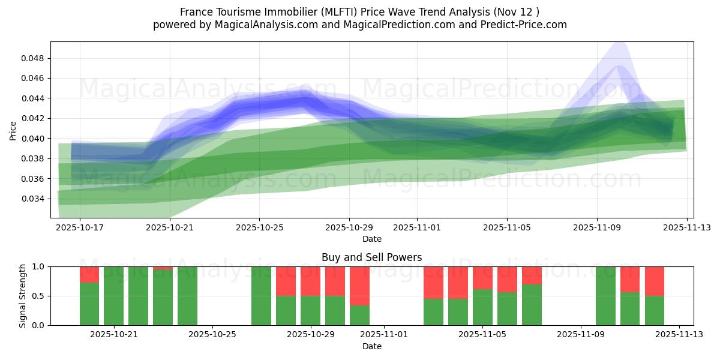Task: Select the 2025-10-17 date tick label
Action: point(80,227)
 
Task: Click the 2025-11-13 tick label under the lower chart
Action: point(679,334)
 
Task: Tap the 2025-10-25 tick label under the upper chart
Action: point(259,227)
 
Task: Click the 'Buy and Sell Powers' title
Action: point(371,257)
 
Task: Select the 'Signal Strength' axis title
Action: point(23,296)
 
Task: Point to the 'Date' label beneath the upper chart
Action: point(371,239)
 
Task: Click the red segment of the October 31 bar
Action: point(359,286)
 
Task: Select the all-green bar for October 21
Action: point(114,296)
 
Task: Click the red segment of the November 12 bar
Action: point(655,281)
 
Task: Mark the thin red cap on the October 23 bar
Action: point(163,268)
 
